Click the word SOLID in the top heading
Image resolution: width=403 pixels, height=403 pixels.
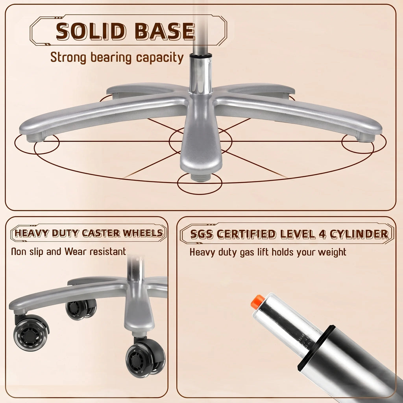[91, 31]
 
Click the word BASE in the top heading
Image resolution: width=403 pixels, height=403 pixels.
[165, 31]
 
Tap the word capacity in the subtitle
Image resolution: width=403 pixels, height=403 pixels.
[160, 58]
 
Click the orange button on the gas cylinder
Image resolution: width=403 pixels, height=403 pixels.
[257, 302]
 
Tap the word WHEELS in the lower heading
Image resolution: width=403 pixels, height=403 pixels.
[142, 233]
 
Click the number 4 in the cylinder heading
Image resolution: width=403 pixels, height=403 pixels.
[322, 234]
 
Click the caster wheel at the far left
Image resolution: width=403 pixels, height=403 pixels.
[31, 333]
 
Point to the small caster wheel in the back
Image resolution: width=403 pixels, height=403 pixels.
[81, 309]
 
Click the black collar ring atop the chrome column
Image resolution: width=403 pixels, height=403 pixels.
[201, 55]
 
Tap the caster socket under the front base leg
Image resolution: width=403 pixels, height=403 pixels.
[201, 177]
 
